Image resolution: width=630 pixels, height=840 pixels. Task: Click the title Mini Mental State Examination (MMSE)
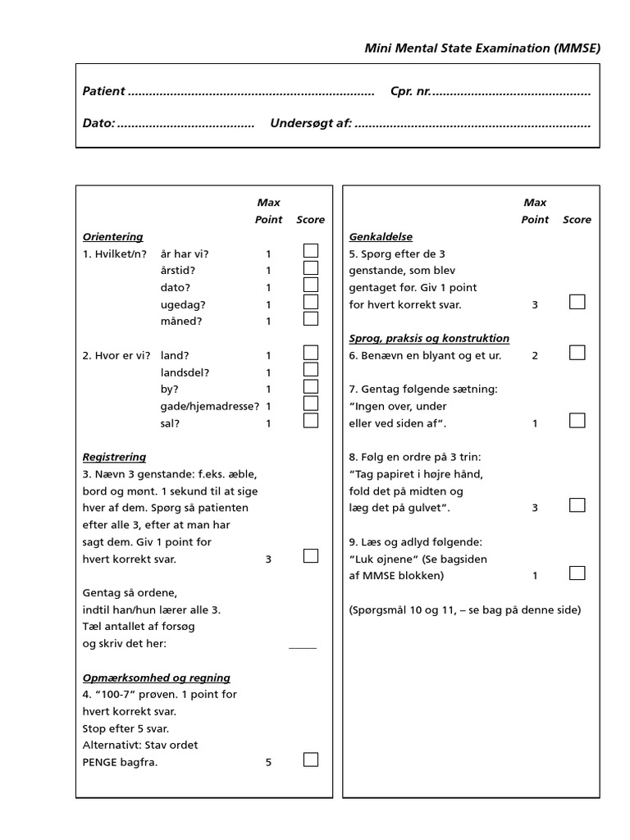482,48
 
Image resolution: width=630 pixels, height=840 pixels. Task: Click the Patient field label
104,91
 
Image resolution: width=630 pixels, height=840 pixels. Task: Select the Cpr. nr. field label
410,91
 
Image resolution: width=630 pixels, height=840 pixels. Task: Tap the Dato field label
98,123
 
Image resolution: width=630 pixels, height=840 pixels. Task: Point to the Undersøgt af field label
311,123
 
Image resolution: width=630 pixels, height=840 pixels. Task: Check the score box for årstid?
311,268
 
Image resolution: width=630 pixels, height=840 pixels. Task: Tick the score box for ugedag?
311,303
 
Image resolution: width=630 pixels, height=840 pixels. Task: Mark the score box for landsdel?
311,370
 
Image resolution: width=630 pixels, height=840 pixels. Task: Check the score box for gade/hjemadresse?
311,404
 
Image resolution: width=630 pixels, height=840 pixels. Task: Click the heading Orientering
112,236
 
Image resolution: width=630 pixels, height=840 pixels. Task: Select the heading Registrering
114,457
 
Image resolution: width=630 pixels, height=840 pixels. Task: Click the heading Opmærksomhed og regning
157,678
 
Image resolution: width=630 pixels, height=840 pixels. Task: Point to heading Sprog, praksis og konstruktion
429,338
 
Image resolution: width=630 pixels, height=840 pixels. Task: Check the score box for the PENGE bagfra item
311,760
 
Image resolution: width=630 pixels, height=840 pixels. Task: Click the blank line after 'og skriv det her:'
303,647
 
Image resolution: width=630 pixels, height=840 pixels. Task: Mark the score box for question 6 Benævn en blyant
577,353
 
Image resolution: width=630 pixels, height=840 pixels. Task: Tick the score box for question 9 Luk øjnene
577,573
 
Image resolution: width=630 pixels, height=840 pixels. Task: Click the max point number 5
268,763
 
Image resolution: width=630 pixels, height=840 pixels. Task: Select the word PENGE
101,763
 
